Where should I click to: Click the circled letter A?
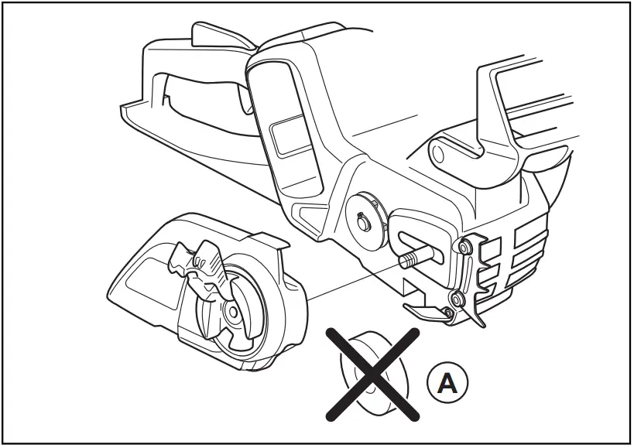click(x=447, y=382)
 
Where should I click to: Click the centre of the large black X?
click(x=372, y=371)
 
